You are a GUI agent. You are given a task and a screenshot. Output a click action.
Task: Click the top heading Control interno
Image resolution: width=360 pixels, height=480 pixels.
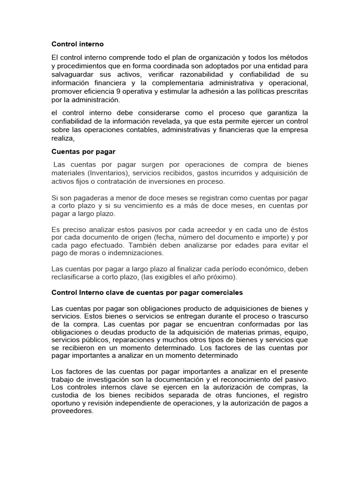click(x=77, y=44)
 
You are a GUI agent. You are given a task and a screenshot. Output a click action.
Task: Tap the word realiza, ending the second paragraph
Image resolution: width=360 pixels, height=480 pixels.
click(x=63, y=139)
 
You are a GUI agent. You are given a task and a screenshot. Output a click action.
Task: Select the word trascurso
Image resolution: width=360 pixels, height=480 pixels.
click(x=292, y=316)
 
